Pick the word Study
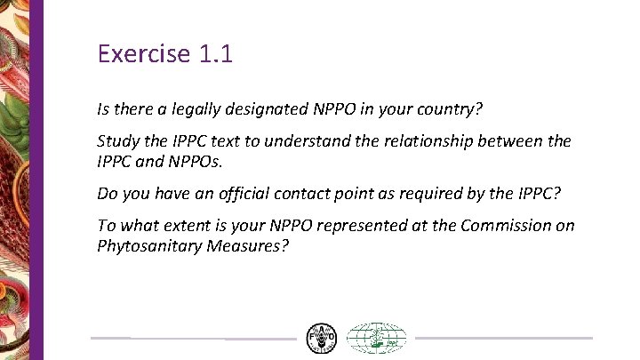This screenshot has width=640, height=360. (x=117, y=141)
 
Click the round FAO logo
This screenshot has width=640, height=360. (x=322, y=339)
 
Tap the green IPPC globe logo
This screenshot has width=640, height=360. (x=376, y=339)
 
